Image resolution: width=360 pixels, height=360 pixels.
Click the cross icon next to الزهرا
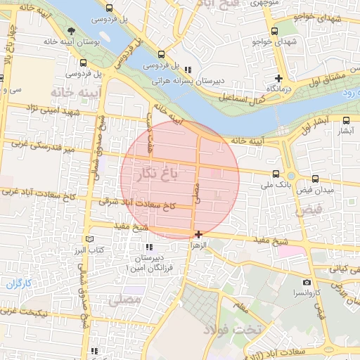[199, 234]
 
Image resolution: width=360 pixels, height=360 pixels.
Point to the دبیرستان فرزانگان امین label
[153, 264]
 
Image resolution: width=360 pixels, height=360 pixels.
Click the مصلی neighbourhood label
[124, 300]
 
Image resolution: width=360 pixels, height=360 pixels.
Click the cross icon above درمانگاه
[279, 78]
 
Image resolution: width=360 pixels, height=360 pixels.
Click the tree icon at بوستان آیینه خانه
[72, 30]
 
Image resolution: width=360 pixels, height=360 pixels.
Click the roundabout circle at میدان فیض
[290, 175]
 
